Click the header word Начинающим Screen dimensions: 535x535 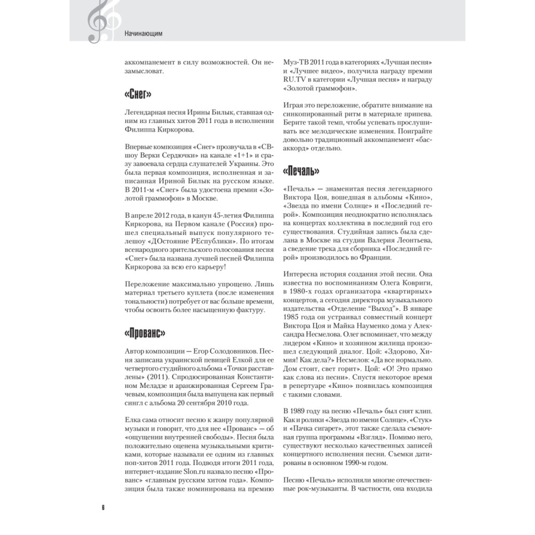143,35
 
